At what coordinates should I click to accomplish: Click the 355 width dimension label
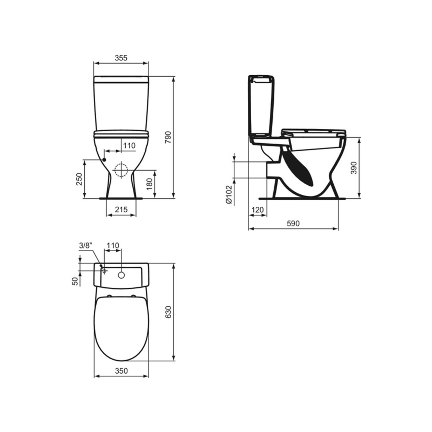[121, 58]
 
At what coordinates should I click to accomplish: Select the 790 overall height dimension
[168, 137]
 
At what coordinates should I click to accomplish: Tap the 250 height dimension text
[79, 179]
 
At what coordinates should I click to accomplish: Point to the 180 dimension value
[149, 184]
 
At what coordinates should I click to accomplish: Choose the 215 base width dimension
[121, 210]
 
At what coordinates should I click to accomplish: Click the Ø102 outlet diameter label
[229, 195]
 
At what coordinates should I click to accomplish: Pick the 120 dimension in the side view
[257, 210]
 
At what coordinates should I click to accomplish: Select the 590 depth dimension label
[293, 223]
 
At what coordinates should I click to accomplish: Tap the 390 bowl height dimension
[354, 168]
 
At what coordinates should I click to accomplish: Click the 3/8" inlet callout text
[86, 246]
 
